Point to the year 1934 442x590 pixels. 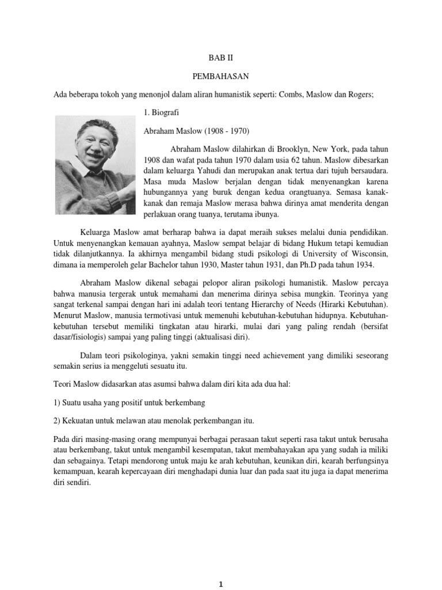361,265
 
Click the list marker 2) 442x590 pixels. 58,420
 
